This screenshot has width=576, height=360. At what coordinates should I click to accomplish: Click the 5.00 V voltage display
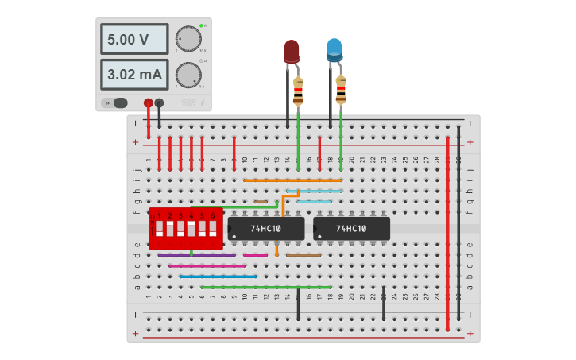133,39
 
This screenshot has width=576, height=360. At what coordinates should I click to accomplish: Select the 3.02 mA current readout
133,75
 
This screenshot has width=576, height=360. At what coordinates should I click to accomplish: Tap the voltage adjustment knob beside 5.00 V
188,39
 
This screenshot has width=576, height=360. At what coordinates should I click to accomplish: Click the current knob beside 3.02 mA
188,75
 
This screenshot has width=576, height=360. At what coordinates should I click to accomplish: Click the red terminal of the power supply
148,103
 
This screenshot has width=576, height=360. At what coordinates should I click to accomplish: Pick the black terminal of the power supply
159,103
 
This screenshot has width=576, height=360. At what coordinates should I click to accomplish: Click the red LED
292,52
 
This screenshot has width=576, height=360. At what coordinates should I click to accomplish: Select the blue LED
334,50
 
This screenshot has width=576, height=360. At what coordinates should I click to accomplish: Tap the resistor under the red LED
298,91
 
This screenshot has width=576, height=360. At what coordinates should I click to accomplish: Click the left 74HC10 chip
265,229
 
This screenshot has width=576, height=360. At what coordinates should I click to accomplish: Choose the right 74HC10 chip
351,229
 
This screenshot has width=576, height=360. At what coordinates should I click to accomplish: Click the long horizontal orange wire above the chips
292,180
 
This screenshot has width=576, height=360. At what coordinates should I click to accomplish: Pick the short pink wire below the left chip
256,255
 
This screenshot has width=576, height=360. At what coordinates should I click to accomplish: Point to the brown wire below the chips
303,255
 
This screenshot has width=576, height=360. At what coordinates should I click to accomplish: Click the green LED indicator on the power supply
202,26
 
